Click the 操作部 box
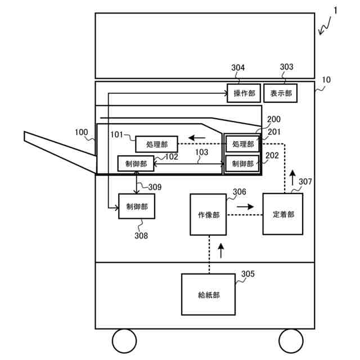coord(244,93)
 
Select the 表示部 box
coord(280,93)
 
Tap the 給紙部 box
coord(208,294)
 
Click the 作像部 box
coord(208,215)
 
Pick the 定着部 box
coord(282,214)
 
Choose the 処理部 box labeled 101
coord(156,144)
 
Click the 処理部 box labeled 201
coord(242,144)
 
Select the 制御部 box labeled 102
coord(136,164)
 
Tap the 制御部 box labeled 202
coord(242,164)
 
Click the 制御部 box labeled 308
coord(137,206)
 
